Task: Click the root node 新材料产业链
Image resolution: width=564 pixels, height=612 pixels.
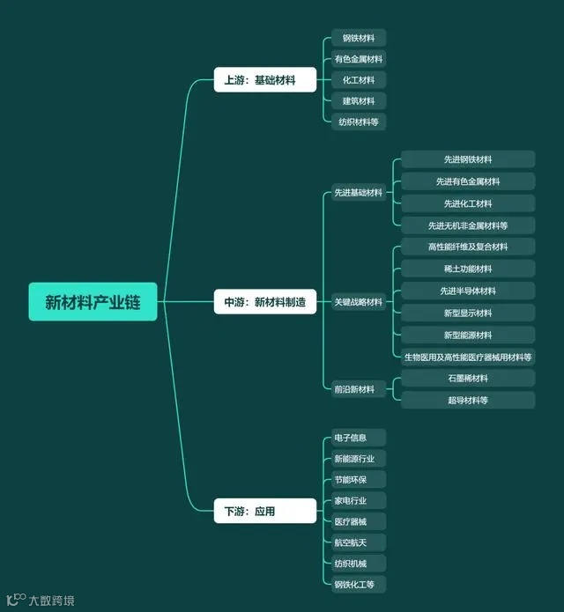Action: click(x=93, y=302)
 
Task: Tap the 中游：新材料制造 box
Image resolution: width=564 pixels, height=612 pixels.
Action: click(x=264, y=302)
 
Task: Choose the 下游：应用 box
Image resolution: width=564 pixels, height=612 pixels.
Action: click(x=264, y=511)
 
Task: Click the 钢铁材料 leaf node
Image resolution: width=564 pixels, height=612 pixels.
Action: click(x=358, y=38)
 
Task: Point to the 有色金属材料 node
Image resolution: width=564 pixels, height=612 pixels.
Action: click(x=358, y=59)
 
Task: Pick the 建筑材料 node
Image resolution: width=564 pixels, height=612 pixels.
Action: click(x=358, y=101)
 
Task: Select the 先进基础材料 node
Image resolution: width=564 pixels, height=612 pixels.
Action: click(x=358, y=193)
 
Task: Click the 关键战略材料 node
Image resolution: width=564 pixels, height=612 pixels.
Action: click(x=358, y=302)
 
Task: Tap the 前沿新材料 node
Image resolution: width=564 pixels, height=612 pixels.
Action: click(x=358, y=389)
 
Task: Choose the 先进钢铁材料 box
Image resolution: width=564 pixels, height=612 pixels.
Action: click(x=468, y=159)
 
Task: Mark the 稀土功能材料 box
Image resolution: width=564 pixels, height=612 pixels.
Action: click(x=468, y=269)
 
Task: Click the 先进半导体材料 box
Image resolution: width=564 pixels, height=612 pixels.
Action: click(x=468, y=291)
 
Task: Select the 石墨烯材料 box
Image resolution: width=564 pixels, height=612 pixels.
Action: click(x=468, y=378)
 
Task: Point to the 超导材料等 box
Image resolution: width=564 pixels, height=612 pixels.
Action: click(x=468, y=400)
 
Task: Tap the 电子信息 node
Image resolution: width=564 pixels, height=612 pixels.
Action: click(x=352, y=438)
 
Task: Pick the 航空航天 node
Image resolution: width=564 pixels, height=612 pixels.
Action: click(x=352, y=542)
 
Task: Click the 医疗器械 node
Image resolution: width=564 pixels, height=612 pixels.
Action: click(x=352, y=521)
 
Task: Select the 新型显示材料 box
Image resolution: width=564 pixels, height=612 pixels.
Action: click(x=468, y=313)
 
